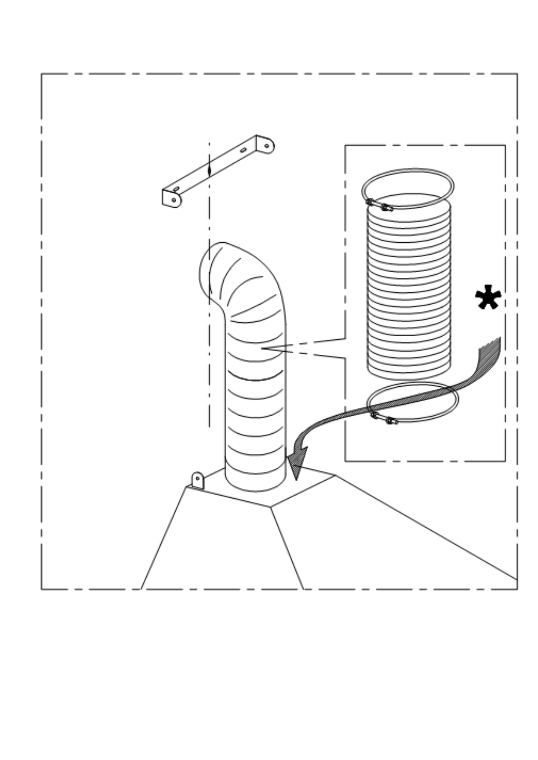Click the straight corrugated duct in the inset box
click(409, 289)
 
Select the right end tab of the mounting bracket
click(266, 145)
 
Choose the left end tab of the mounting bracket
click(172, 199)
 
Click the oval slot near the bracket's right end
click(243, 150)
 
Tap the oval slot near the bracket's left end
click(177, 188)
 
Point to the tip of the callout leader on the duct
click(262, 348)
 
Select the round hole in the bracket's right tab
click(267, 145)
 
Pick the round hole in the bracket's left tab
click(174, 199)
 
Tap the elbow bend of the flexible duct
click(253, 284)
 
